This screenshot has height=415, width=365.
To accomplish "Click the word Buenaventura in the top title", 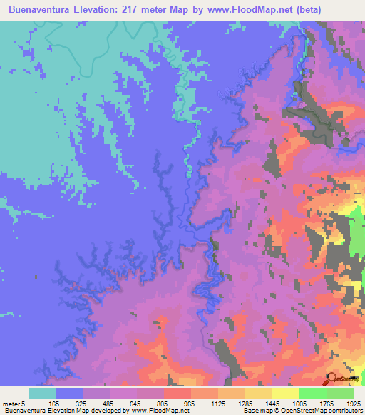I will (x=42, y=10).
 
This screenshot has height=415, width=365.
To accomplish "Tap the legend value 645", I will (x=138, y=404).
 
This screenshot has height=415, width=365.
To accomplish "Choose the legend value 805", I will (x=165, y=404).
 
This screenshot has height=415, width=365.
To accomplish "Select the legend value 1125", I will (x=219, y=404).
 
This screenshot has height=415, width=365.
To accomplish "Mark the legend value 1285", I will (x=246, y=404).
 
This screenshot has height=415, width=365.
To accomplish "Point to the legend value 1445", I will (x=273, y=404).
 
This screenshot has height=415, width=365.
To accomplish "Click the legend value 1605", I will (x=300, y=404).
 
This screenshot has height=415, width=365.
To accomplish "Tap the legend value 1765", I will (x=327, y=404).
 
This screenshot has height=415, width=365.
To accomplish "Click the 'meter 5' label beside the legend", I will (x=14, y=404).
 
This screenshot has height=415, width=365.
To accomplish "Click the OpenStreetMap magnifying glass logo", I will (x=332, y=379).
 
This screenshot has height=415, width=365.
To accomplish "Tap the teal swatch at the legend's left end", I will (x=42, y=393).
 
